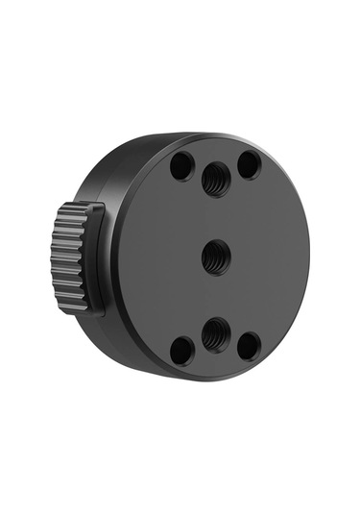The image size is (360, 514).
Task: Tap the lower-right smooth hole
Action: click(x=249, y=344)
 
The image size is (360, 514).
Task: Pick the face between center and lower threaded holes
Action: click(x=214, y=295)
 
